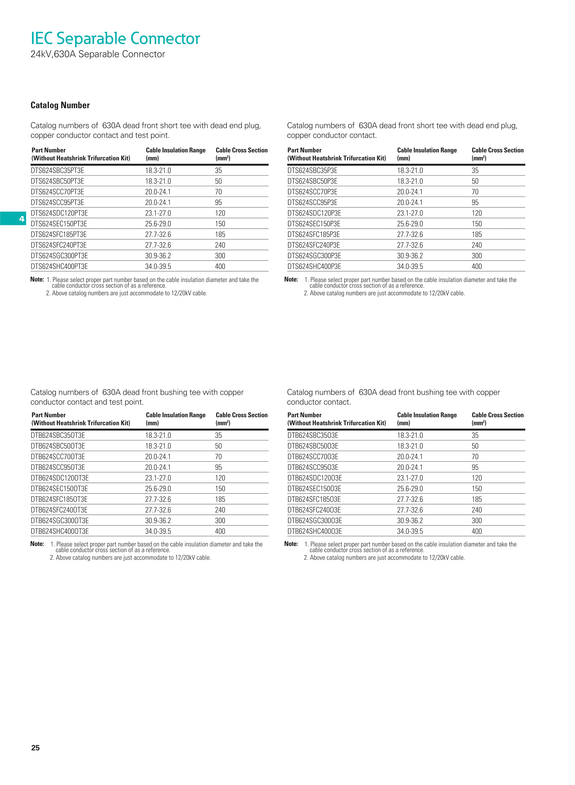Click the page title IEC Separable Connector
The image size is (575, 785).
[115, 39]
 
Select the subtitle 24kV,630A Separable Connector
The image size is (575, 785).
[98, 54]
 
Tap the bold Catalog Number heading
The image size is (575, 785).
[60, 105]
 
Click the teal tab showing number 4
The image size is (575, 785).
[13, 218]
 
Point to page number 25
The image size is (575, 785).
[35, 748]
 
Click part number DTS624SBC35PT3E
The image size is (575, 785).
[57, 170]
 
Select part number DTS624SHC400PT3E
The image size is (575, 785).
[59, 266]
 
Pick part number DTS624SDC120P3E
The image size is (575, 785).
[314, 213]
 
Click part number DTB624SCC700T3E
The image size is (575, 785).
[58, 457]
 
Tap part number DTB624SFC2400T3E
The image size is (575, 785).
[59, 510]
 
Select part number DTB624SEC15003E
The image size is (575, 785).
[314, 489]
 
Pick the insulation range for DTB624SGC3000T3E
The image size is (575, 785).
[158, 521]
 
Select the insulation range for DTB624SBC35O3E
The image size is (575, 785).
[410, 436]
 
